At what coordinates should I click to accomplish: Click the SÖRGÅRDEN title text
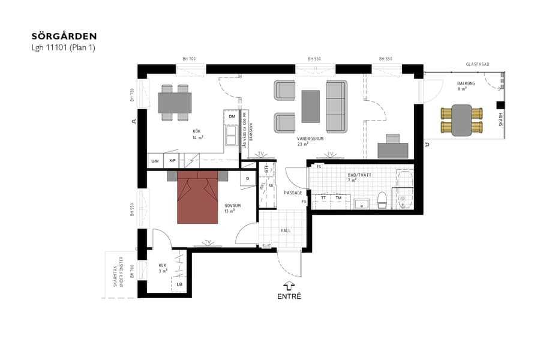tap(64, 37)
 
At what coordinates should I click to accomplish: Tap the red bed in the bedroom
tap(197, 200)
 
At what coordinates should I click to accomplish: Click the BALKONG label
tap(466, 83)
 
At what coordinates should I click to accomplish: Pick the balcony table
tap(461, 119)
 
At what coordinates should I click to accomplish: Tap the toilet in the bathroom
tap(381, 199)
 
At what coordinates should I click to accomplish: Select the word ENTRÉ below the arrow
tap(289, 296)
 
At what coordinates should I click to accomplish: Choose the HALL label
tap(286, 230)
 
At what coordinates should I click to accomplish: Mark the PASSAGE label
tap(293, 193)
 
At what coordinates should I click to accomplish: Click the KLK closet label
tap(162, 265)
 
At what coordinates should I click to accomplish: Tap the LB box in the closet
tap(179, 284)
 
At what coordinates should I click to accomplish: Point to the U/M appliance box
tap(155, 161)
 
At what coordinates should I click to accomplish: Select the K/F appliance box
tap(172, 161)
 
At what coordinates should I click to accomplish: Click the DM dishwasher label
tap(232, 117)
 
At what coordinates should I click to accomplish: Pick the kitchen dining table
tap(175, 103)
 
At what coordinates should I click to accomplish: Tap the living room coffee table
tap(311, 106)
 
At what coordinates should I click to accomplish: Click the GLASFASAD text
tap(479, 64)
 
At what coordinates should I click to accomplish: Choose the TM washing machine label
tap(339, 197)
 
